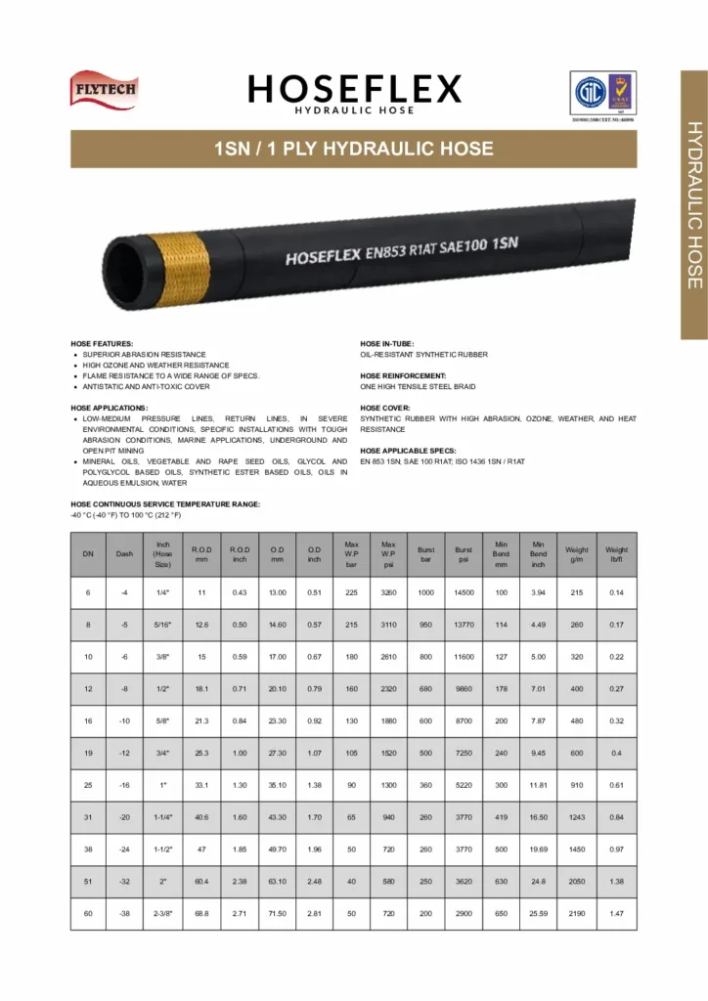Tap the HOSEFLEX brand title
tap(354, 90)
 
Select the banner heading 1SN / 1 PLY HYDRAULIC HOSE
tap(354, 150)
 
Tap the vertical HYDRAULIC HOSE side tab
tap(693, 204)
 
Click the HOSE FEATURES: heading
tap(102, 344)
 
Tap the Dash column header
tap(124, 554)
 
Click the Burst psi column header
tap(464, 554)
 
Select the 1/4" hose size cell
tap(162, 593)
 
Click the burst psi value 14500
tap(464, 593)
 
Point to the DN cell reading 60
tap(88, 914)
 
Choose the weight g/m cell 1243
tap(577, 818)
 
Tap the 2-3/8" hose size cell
tap(162, 914)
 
